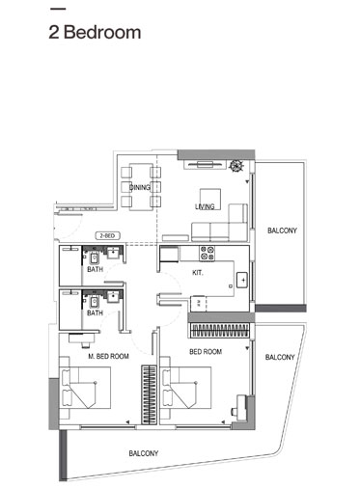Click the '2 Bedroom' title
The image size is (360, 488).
tap(95, 31)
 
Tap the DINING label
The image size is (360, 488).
tap(140, 187)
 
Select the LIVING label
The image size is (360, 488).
tap(205, 206)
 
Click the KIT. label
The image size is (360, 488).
tap(197, 274)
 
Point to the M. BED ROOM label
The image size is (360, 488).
tap(108, 357)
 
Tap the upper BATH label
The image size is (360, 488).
tap(95, 271)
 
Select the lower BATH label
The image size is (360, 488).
tap(95, 313)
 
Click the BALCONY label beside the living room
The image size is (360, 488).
tap(281, 230)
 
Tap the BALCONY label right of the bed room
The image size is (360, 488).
tap(279, 358)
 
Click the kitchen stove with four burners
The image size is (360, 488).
tap(207, 255)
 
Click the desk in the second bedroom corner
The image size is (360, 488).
tap(235, 412)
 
